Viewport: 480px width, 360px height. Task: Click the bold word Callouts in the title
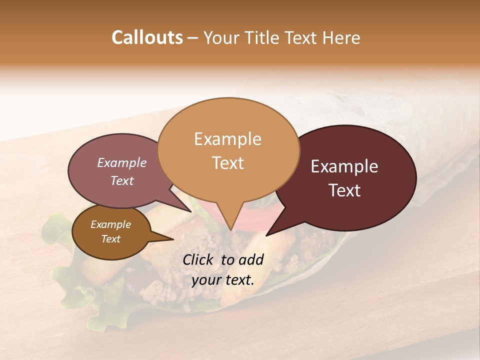pos(147,37)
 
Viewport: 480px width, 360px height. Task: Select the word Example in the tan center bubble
pos(227,139)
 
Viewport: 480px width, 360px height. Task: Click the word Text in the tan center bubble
pos(228,163)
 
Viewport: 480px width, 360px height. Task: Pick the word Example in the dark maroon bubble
pos(344,166)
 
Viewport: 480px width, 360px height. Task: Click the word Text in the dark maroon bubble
pos(345,190)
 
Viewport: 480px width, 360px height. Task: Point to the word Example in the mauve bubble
pos(121,162)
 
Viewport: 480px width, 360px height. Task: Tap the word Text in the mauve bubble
pos(121,180)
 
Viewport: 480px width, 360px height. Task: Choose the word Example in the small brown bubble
pos(110,224)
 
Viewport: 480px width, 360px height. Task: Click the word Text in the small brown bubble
pos(110,239)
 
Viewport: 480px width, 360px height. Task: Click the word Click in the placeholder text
pos(199,259)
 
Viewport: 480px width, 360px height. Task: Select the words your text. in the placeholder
pos(223,280)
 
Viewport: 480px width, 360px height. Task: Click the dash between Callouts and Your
pos(193,38)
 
